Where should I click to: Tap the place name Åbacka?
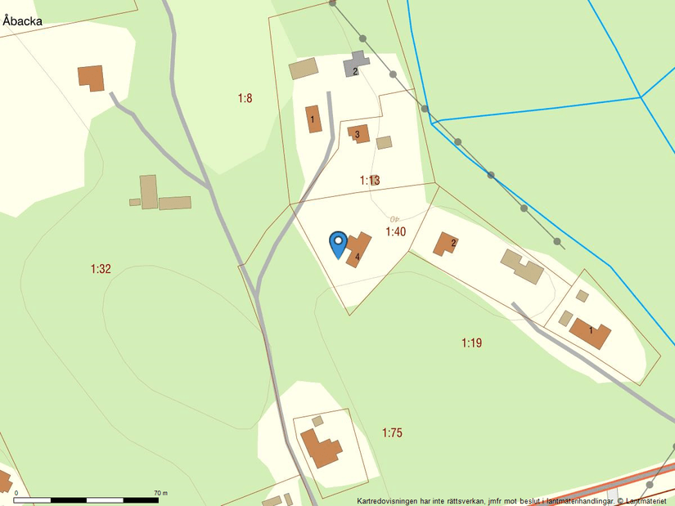(x=22, y=21)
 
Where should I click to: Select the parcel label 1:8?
(x=245, y=98)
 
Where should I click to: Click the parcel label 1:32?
(x=101, y=268)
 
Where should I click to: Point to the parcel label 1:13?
(x=370, y=180)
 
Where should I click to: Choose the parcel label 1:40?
(x=396, y=232)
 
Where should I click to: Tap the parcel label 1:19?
(x=471, y=343)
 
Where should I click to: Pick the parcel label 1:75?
(x=392, y=432)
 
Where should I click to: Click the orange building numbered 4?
(x=358, y=249)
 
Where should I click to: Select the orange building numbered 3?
(x=358, y=133)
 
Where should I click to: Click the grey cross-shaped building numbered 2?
(x=355, y=65)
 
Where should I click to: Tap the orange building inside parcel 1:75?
(x=321, y=447)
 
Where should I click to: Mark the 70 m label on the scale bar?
(x=160, y=493)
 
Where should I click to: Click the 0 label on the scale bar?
(x=16, y=493)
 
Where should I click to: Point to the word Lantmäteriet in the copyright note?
(x=648, y=500)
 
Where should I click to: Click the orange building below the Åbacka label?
(x=92, y=78)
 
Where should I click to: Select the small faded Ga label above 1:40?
(x=395, y=218)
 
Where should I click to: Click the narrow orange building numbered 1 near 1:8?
(x=313, y=119)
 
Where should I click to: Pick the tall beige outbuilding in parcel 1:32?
(x=148, y=191)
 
